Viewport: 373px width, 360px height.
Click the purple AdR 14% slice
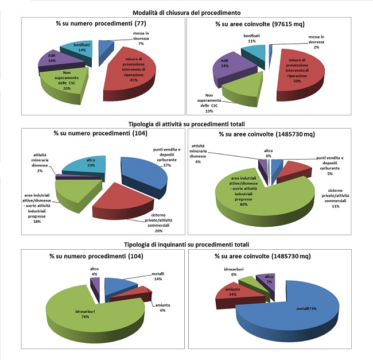(49, 60)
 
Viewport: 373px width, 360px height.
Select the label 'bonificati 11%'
(248, 38)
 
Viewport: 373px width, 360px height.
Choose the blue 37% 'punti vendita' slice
(146, 172)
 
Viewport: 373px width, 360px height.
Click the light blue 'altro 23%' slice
(83, 166)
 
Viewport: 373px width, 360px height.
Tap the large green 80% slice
(252, 192)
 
